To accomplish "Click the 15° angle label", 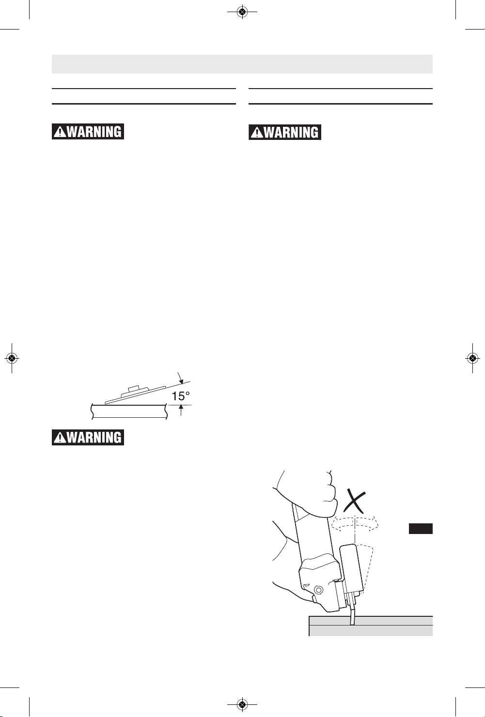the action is pos(181,397).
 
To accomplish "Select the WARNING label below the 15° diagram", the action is pos(88,437).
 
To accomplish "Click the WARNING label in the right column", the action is pos(285,132).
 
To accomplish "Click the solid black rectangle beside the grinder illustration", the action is pos(421,529).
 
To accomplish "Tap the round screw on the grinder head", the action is pos(319,588).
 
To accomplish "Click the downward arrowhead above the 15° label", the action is pos(181,381).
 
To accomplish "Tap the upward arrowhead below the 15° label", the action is pos(181,408).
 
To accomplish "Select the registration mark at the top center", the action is pos(242,12).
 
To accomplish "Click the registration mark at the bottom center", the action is pos(242,704).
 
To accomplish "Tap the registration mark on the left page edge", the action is pos(12,358).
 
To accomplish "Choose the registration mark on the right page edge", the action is pos(472,358).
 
